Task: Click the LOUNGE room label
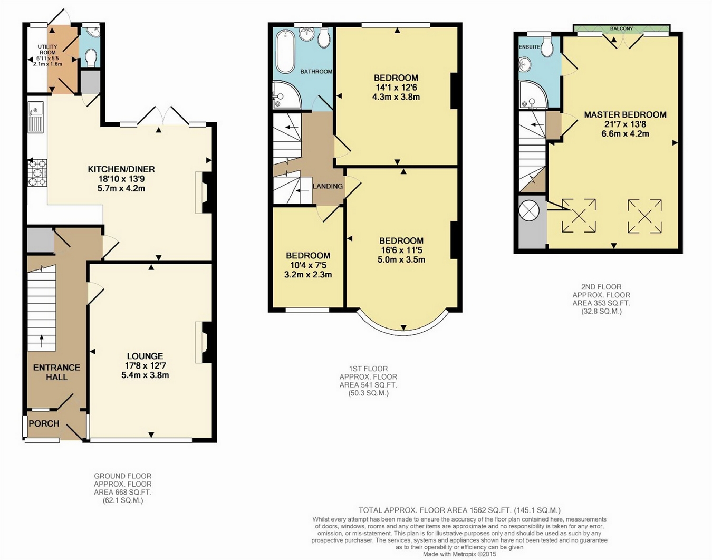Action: pyautogui.click(x=145, y=356)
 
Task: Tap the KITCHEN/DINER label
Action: pyautogui.click(x=121, y=169)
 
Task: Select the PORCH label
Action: pyautogui.click(x=44, y=423)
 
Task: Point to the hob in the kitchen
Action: pyautogui.click(x=37, y=172)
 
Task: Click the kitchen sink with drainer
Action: pyautogui.click(x=35, y=117)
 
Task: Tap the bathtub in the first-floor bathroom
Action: pyautogui.click(x=285, y=52)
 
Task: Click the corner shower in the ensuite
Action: pyautogui.click(x=532, y=94)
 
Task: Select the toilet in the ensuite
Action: pyautogui.click(x=547, y=47)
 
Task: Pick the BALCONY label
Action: pyautogui.click(x=621, y=29)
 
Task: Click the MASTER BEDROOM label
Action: pyautogui.click(x=625, y=115)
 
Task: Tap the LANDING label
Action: pyautogui.click(x=328, y=186)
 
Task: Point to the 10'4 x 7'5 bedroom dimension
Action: pyautogui.click(x=308, y=265)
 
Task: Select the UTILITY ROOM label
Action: pyautogui.click(x=47, y=50)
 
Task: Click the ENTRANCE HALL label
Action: pyautogui.click(x=56, y=372)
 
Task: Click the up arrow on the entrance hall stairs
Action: pyautogui.click(x=41, y=341)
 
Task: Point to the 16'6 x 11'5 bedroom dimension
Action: pyautogui.click(x=401, y=250)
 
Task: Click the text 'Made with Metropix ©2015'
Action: pyautogui.click(x=459, y=554)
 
